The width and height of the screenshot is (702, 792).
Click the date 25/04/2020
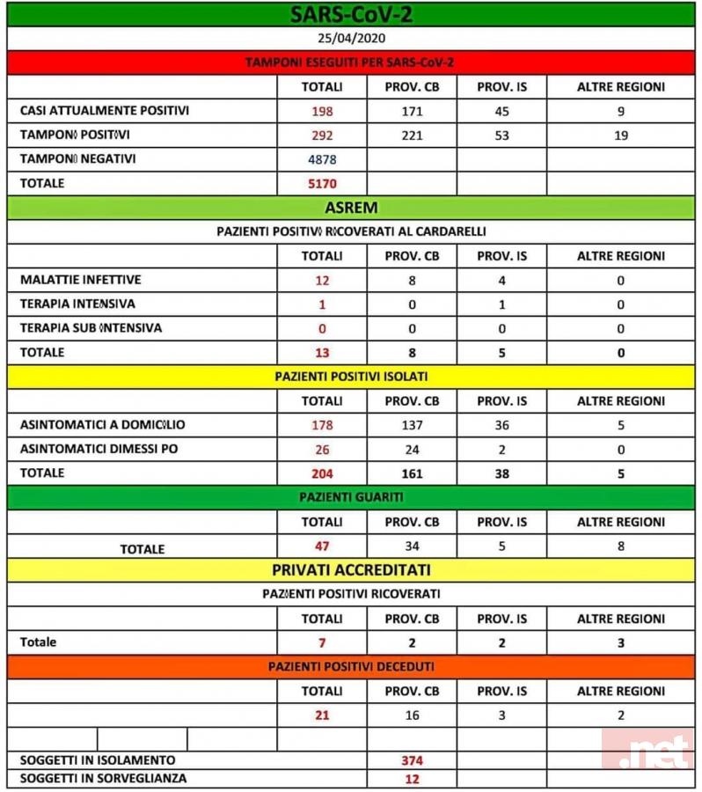click(350, 39)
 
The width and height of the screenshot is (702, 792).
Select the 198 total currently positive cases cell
click(322, 112)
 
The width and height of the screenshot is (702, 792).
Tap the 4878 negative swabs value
click(322, 159)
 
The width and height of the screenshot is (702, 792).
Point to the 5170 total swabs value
click(322, 184)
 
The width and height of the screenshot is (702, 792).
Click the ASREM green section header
click(350, 209)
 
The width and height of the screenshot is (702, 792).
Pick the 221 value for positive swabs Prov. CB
click(411, 136)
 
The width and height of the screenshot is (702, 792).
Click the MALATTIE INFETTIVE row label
click(81, 280)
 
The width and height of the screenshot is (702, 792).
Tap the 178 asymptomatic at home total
click(322, 425)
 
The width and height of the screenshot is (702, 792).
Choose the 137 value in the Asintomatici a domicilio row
click(411, 425)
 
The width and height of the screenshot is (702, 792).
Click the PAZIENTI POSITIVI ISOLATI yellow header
click(350, 377)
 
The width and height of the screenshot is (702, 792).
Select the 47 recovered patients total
click(322, 546)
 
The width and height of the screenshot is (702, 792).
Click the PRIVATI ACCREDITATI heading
click(350, 570)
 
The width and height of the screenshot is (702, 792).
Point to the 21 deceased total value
click(322, 715)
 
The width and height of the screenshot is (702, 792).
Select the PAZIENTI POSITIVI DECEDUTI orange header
click(350, 667)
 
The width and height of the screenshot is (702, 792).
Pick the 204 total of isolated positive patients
click(322, 473)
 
